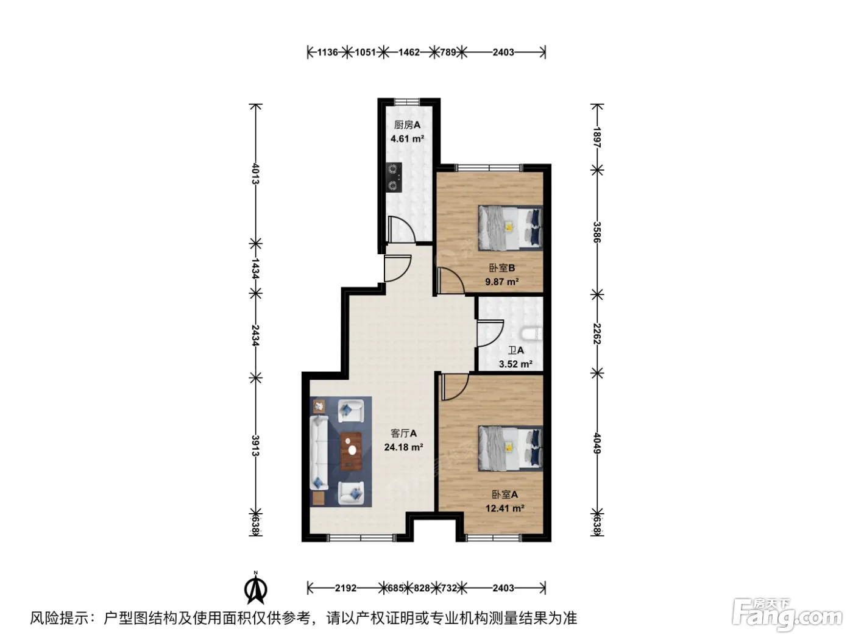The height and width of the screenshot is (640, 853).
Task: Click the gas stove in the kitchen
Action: pos(394,177)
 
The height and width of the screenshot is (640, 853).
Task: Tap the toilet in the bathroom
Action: pos(531,334)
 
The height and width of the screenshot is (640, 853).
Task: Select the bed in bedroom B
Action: pos(510,228)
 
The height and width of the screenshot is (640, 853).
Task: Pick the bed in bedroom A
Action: pos(510,449)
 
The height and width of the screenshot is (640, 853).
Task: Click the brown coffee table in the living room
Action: pos(352,451)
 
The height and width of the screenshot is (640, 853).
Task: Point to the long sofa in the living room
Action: pos(319,452)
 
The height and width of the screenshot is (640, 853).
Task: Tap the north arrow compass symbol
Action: pos(255,588)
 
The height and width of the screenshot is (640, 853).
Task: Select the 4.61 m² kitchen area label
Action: pos(407,139)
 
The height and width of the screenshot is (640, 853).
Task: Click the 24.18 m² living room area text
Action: pos(403,447)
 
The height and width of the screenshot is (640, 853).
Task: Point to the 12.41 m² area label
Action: pos(505,508)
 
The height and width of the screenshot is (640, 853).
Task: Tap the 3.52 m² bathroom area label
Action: pos(515,364)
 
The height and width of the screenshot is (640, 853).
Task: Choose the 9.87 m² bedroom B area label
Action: pos(501,282)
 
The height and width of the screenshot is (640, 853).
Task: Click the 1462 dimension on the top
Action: pos(409,52)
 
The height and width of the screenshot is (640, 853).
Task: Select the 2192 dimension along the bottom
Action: pos(345,588)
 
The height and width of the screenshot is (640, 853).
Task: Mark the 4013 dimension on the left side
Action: pos(255,173)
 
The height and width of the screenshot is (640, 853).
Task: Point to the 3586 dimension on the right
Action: pos(597,232)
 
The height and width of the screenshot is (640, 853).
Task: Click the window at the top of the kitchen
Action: pos(407,102)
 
